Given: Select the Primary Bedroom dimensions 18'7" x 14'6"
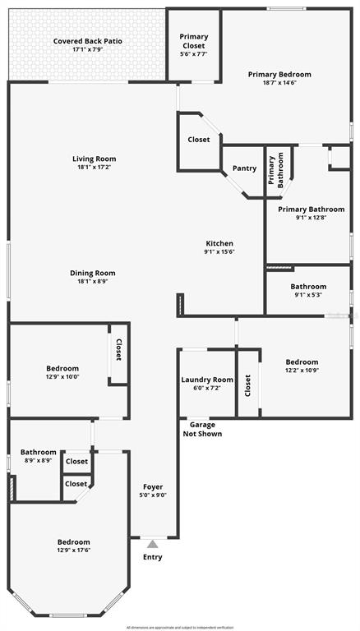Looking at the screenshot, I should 279,83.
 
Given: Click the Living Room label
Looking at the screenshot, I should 94,159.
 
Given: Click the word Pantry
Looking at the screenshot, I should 244,168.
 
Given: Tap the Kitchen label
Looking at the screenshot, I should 219,243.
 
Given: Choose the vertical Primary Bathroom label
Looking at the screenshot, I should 275,170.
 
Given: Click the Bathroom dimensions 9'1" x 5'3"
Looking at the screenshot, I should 308,296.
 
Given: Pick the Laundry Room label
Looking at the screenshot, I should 207,380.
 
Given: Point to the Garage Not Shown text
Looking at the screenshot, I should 202,430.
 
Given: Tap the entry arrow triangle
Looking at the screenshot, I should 153,543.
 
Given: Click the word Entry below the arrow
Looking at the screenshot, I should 153,557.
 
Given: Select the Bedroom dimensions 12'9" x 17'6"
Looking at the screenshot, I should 73,551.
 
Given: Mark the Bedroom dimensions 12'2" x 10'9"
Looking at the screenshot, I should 302,371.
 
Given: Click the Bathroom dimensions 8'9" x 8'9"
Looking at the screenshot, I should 38,461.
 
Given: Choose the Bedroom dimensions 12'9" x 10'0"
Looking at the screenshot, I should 62,378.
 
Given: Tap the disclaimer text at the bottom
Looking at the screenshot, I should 180,627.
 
